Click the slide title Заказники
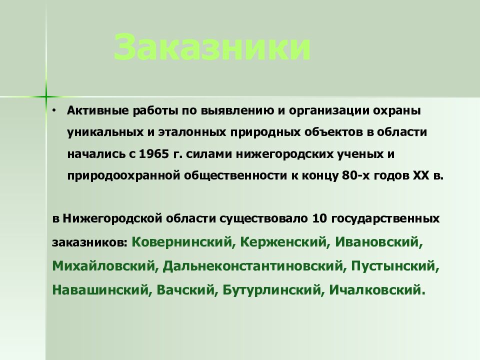click(x=212, y=48)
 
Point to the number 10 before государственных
click(x=318, y=219)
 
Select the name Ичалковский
click(x=376, y=289)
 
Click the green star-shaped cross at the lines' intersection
click(x=45, y=96)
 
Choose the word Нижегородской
click(x=110, y=219)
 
